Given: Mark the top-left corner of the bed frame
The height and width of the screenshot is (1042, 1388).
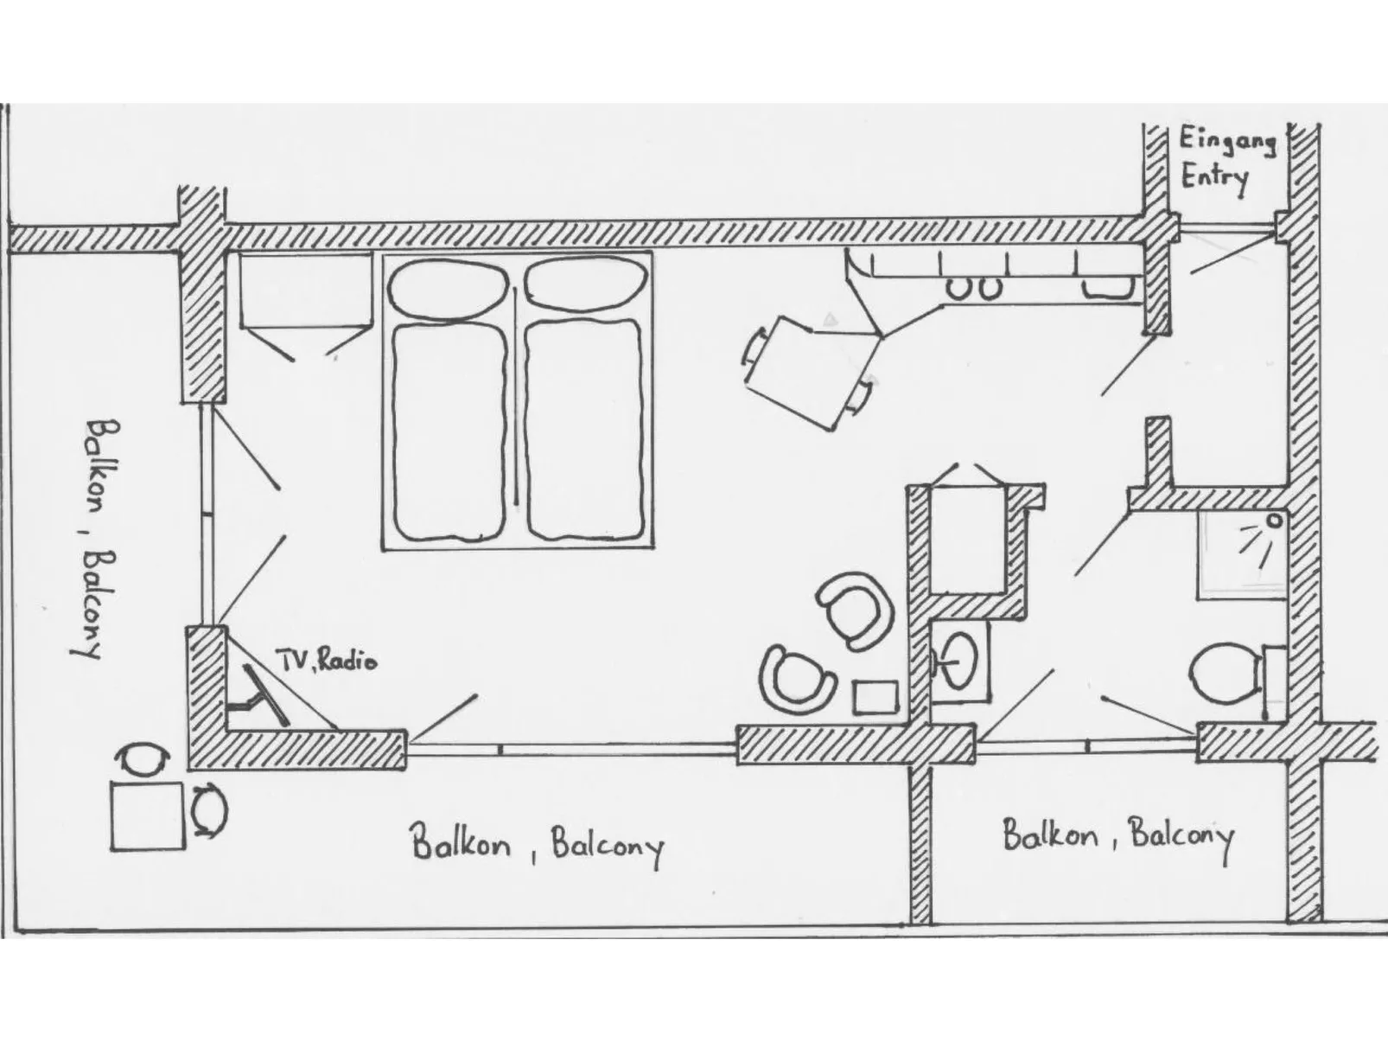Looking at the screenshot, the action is click(x=382, y=251).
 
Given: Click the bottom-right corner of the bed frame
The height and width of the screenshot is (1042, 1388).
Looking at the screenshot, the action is click(x=653, y=549).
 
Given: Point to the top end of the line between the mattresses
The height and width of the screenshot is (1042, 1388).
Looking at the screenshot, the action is click(x=515, y=289).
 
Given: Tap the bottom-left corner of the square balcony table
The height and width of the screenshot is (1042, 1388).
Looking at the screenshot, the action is click(x=112, y=850).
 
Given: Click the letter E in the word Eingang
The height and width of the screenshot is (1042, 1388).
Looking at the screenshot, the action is click(x=1187, y=138).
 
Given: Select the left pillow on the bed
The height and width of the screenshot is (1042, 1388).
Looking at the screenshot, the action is click(x=448, y=288).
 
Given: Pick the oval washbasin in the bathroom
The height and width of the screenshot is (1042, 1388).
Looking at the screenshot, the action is click(x=957, y=661).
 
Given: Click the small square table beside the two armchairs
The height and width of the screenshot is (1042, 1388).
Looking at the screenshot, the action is click(x=875, y=698).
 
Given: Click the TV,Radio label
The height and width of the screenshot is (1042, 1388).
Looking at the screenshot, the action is click(x=327, y=661).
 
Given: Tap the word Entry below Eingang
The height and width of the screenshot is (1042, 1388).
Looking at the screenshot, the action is click(x=1215, y=178).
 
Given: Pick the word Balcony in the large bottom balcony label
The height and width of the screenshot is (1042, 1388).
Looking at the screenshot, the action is click(x=608, y=847).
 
